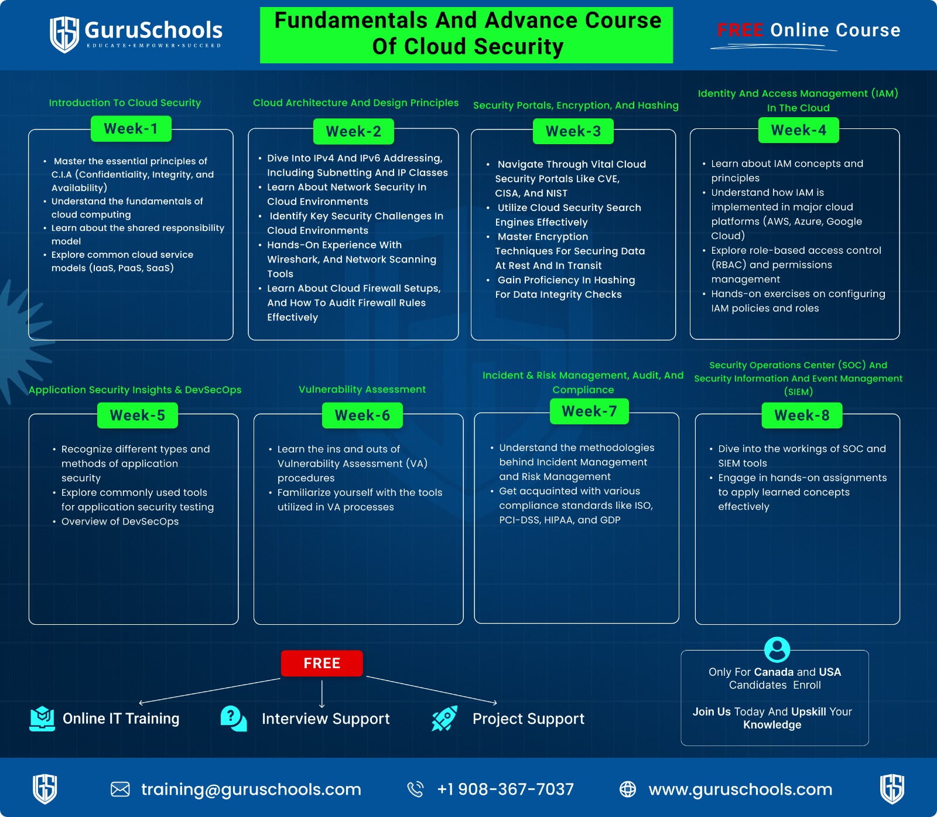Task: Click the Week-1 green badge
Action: (131, 129)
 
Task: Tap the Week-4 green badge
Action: (798, 130)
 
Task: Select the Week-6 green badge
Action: (362, 416)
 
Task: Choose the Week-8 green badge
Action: (802, 416)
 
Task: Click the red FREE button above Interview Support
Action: (322, 663)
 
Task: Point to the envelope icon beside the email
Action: (120, 789)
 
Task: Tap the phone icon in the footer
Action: (415, 789)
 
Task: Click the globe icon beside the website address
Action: (627, 789)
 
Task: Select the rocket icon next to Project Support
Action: (444, 719)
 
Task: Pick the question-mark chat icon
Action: (233, 719)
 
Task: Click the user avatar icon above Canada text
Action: (777, 649)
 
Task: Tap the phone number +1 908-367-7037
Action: (505, 789)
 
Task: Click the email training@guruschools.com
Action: (251, 789)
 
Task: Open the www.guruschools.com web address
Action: (740, 789)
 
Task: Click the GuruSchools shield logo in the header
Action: (64, 34)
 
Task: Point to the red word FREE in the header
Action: (740, 30)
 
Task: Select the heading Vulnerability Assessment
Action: (362, 389)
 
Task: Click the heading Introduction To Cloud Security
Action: (125, 103)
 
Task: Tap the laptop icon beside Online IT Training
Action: (42, 719)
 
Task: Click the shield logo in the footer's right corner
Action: (892, 788)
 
